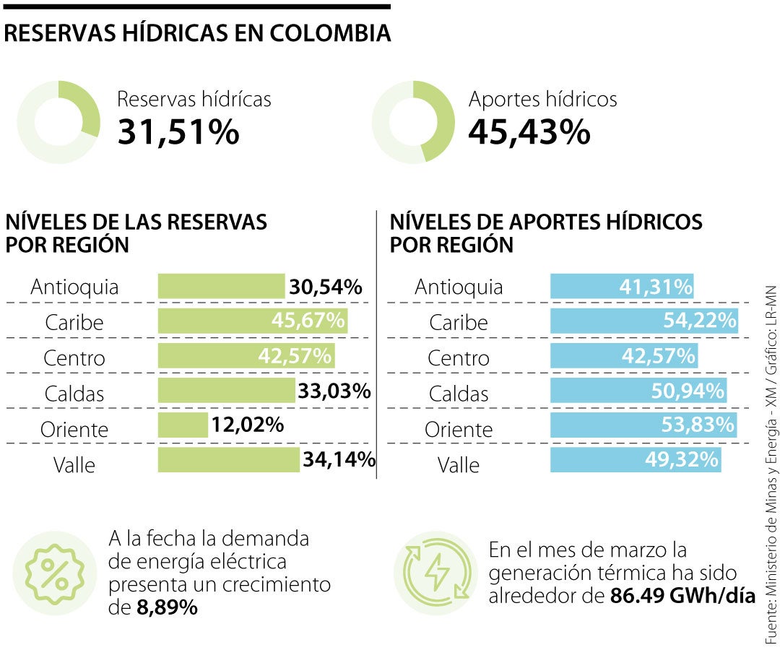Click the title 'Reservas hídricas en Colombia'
198,34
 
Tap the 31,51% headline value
178,131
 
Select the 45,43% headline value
529,131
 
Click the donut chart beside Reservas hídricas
58,121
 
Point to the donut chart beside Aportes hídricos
413,121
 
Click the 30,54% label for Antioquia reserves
325,287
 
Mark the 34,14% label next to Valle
339,459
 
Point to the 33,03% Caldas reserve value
334,391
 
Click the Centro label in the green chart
74,357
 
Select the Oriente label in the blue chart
459,430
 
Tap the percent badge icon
55,573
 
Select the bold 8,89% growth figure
167,608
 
